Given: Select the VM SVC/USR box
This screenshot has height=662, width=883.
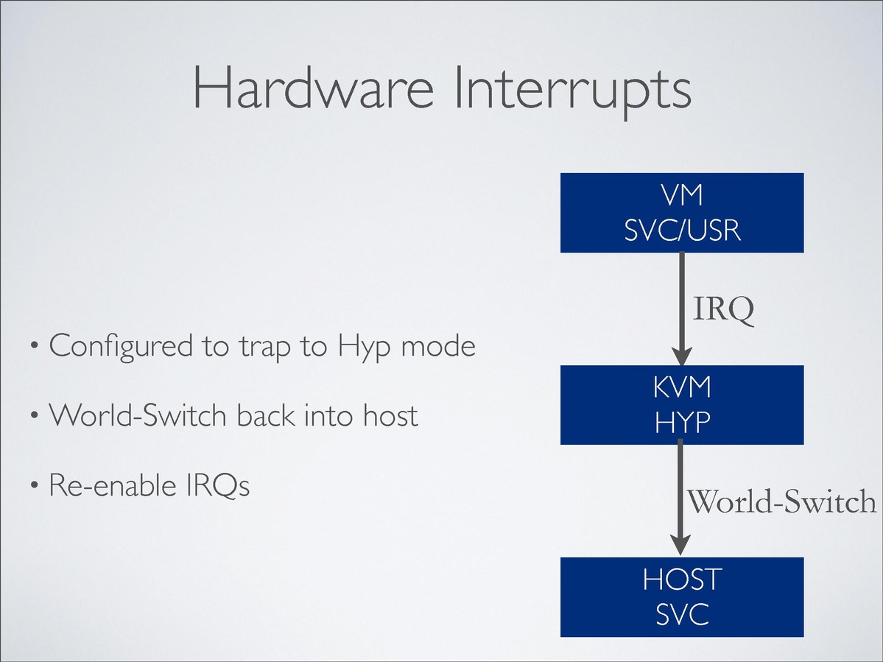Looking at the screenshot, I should click(681, 213).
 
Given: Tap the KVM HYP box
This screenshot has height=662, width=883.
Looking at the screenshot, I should click(681, 404).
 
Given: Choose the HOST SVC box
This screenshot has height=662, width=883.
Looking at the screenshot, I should click(681, 596).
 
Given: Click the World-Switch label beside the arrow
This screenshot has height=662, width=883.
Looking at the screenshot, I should click(781, 502).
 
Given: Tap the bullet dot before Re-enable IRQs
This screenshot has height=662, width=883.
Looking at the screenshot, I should click(35, 486).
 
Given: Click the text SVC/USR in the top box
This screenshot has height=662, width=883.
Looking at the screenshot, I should click(681, 231).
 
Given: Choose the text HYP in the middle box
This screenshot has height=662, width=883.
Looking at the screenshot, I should click(681, 423).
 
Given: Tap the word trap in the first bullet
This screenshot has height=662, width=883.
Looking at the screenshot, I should click(266, 347).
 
